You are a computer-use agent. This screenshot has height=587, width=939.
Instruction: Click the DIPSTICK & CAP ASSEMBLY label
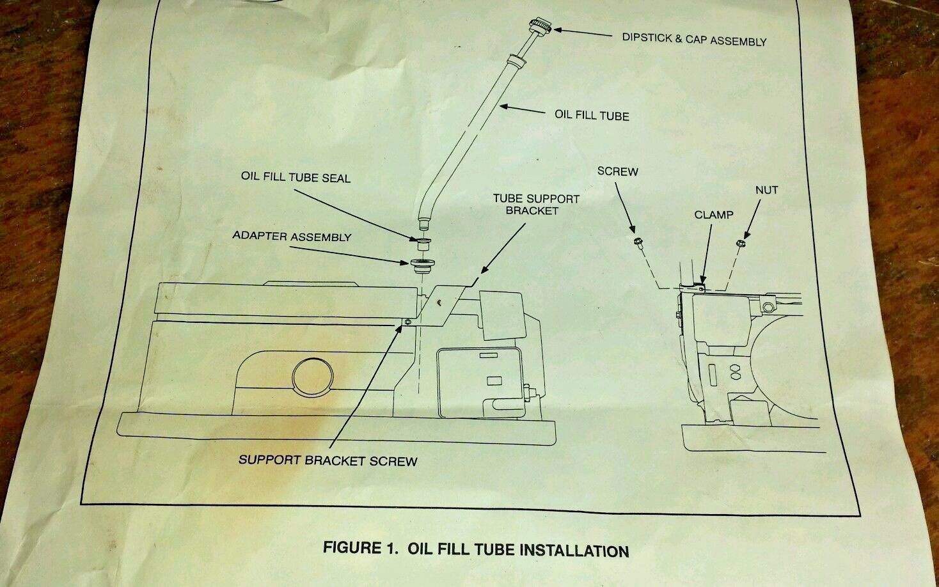694,40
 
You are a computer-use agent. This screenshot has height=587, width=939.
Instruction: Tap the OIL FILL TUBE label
592,116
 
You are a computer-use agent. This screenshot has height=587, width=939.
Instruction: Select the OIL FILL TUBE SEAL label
296,177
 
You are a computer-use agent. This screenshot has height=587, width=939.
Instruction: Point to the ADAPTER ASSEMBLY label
292,237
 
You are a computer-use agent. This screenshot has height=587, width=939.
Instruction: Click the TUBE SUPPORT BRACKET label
536,205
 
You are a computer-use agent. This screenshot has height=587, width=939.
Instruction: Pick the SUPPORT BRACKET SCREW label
327,460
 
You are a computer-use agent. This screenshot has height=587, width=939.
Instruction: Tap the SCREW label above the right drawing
617,171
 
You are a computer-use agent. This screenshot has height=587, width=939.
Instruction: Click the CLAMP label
714,215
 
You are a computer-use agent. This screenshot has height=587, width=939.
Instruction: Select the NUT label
766,190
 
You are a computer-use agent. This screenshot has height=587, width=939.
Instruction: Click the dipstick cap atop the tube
540,29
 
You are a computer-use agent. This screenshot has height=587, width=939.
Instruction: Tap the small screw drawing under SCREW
638,242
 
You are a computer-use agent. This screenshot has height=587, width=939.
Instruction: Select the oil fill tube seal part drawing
422,244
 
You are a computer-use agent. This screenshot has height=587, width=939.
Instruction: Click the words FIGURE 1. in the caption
361,548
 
